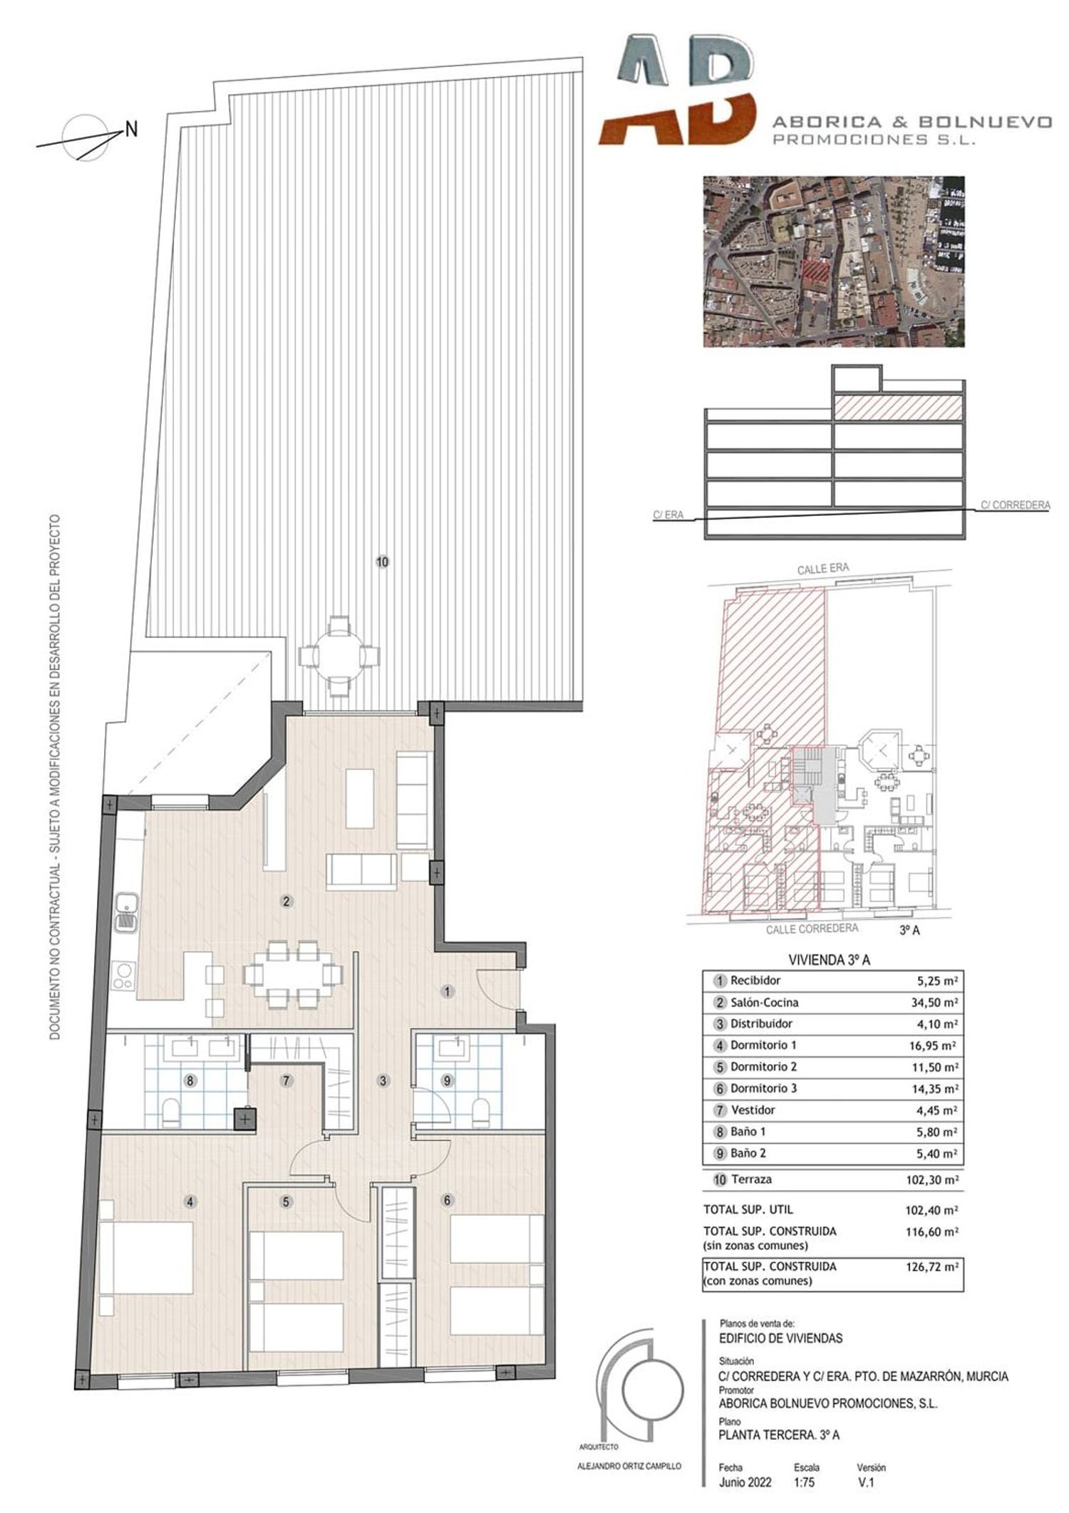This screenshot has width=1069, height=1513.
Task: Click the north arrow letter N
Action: [132, 129]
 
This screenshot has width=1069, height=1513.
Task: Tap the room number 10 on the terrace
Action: [382, 562]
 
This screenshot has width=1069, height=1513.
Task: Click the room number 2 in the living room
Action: [286, 901]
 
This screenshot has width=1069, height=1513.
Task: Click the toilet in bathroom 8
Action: [171, 1112]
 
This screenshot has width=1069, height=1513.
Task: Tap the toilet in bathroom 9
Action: [481, 1112]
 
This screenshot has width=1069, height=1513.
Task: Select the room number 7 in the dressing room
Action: [286, 1080]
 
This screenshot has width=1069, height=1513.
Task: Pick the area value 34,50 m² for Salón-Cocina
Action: [937, 1002]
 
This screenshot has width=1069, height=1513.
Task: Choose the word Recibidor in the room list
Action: [755, 980]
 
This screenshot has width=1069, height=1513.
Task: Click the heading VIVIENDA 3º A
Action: [829, 960]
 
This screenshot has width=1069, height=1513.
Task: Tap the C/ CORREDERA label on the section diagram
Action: [1015, 505]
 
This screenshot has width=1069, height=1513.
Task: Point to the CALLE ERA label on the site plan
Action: [823, 569]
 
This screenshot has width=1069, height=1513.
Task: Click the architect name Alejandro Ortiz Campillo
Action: [629, 1466]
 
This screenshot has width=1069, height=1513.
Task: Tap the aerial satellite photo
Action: [834, 262]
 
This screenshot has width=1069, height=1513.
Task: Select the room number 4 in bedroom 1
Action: [190, 1201]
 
